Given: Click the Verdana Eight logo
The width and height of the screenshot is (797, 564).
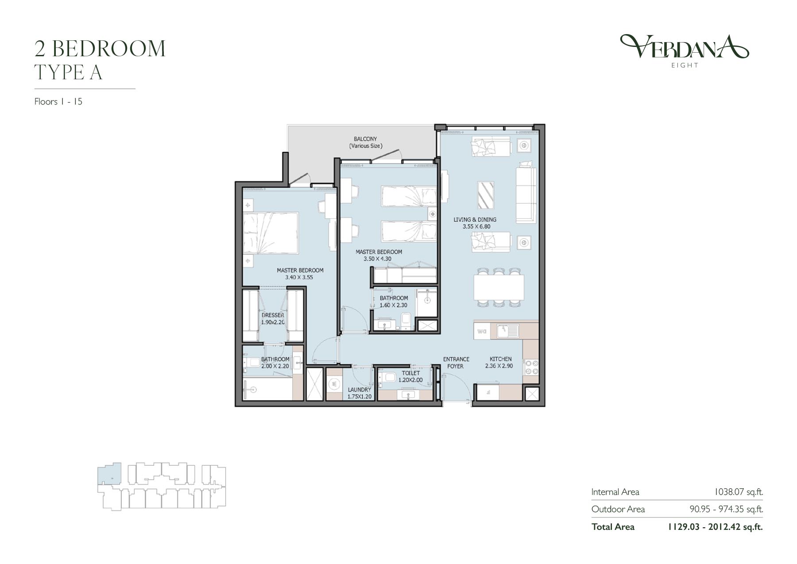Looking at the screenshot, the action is pos(684,51).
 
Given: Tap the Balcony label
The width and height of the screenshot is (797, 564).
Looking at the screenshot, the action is pos(365,139).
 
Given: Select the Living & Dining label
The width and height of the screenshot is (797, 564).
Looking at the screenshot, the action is pos(475,219).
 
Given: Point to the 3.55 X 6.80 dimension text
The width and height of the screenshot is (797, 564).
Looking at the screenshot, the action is pos(476,226).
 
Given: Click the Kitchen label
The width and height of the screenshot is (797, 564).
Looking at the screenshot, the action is pos(501,359).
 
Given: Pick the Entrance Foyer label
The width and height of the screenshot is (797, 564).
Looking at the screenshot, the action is pos(456,362).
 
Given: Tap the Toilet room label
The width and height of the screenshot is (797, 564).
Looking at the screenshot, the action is pos(410,373).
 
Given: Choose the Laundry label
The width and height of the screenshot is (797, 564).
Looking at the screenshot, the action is pos(359,389).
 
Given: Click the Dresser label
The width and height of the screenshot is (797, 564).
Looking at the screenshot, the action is pos(273,315).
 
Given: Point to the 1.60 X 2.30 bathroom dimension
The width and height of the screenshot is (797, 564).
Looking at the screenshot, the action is pos(393,305).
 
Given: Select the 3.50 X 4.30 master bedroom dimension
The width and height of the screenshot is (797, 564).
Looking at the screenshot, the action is pos(377,259).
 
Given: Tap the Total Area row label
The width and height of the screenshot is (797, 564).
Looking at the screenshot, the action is pos(613,527).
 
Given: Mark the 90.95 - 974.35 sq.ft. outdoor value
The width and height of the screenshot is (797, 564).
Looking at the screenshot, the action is pos(726,509).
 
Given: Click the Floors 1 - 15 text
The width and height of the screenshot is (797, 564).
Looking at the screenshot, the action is pos(58,101).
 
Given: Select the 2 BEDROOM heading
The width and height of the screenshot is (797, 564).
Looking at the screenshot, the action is pos(100,49).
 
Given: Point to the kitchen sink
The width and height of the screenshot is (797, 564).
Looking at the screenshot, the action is pos(507,331).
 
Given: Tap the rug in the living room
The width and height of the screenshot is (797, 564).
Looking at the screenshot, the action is pos(486,195).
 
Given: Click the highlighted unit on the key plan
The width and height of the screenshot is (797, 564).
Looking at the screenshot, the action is pos(109,473).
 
